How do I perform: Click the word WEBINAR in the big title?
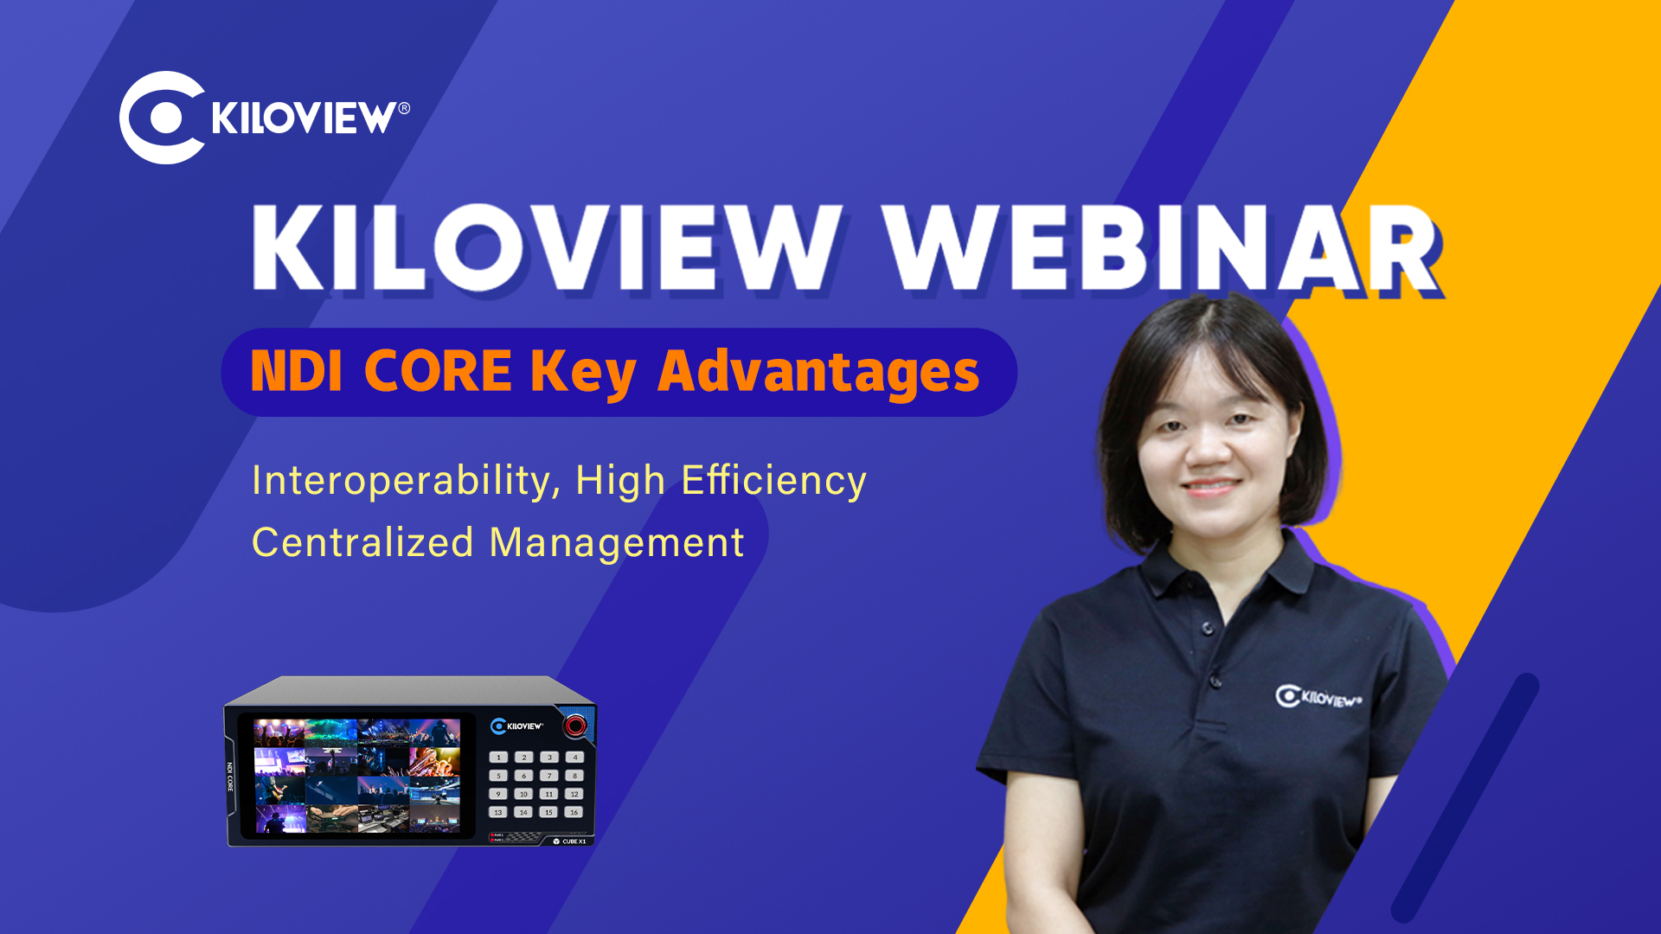(x=1162, y=249)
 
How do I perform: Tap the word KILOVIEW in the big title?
(x=547, y=248)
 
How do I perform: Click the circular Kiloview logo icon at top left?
(x=162, y=118)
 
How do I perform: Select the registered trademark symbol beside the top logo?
(x=404, y=108)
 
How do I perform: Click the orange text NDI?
(x=297, y=372)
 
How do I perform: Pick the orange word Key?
(x=584, y=374)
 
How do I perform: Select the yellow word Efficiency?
(x=773, y=482)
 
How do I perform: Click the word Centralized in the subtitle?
(x=362, y=543)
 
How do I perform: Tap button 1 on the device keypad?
(x=498, y=757)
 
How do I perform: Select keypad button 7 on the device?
(x=548, y=776)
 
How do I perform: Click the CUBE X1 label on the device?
(x=574, y=841)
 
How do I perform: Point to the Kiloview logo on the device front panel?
(x=517, y=726)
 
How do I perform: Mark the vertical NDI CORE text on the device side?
(x=230, y=777)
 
